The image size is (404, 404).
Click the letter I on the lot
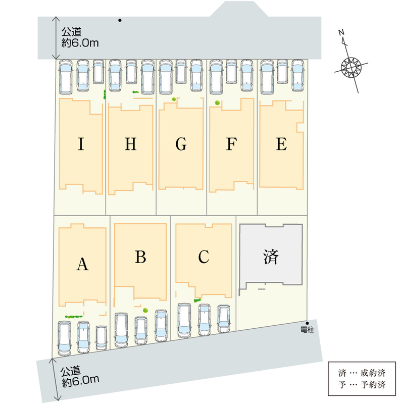(x=81, y=144)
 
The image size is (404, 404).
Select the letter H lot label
(x=131, y=144)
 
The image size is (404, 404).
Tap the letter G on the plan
(x=181, y=144)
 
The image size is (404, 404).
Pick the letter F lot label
(x=231, y=144)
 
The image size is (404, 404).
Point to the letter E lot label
(x=281, y=144)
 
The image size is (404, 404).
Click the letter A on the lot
(x=82, y=264)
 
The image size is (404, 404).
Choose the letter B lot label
(x=140, y=257)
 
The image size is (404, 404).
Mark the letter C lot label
(x=204, y=257)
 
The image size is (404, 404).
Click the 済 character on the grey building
(x=271, y=257)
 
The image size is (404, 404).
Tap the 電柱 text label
(x=307, y=330)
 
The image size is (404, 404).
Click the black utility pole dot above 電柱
(x=307, y=323)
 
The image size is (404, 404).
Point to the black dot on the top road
(x=120, y=20)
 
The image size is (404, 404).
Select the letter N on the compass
(x=341, y=32)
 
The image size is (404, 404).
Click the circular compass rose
(x=351, y=67)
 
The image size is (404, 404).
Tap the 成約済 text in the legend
(x=373, y=373)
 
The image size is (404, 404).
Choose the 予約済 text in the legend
(x=373, y=385)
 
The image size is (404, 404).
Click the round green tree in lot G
(x=174, y=99)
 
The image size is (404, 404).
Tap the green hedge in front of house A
(x=74, y=317)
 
